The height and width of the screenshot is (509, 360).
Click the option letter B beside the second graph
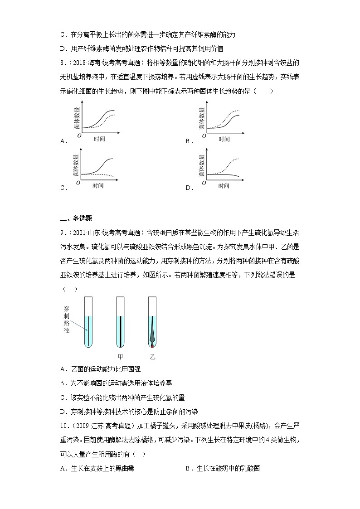(187, 141)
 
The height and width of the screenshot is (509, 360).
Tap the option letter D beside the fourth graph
(187, 188)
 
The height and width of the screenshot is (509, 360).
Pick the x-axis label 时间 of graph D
(224, 186)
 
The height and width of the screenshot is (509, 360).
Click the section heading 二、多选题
(76, 218)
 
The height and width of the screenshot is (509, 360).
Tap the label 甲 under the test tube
(120, 357)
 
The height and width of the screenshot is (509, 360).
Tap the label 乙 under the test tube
(152, 357)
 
